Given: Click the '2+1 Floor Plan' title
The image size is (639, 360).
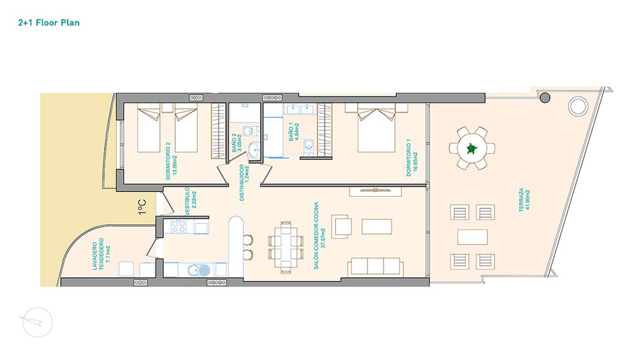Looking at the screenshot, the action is [x=49, y=23].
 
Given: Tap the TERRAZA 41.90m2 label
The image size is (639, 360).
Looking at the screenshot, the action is [x=525, y=200].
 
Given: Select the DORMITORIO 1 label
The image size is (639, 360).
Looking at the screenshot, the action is [x=412, y=158].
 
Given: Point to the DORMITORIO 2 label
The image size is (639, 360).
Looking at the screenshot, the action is [x=171, y=161].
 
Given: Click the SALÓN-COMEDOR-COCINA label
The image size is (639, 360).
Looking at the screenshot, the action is [x=320, y=236].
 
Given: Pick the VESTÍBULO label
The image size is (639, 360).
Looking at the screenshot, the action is [x=190, y=201].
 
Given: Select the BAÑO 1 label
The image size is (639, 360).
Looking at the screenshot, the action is [x=293, y=132].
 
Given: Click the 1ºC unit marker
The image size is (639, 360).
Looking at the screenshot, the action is [x=142, y=207].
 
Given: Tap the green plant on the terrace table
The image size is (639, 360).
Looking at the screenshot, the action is [x=472, y=148].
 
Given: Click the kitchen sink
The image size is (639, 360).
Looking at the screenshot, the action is [x=199, y=269].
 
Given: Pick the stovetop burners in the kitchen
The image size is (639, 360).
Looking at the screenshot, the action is [x=178, y=227].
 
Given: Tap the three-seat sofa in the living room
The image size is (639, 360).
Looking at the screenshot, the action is [x=375, y=267].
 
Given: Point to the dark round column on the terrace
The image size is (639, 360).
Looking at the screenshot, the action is [x=545, y=98].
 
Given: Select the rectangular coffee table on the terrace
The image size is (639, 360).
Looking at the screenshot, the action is [x=472, y=237].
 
